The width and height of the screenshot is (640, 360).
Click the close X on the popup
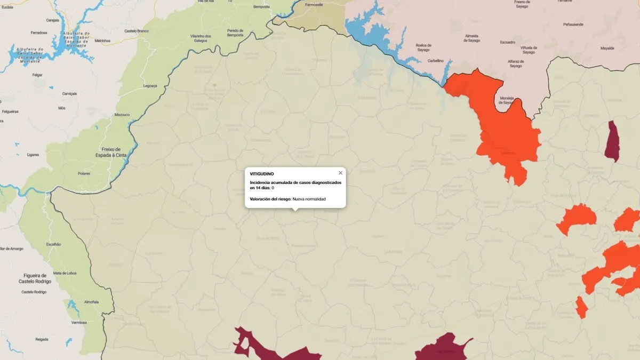(x=340, y=173)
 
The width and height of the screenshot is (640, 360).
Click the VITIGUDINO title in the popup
(x=261, y=173)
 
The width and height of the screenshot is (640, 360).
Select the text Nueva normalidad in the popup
(x=309, y=199)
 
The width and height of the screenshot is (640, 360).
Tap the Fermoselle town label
(x=314, y=4)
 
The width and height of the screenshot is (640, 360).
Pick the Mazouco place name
(x=122, y=115)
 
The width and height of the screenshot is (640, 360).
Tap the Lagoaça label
(x=150, y=85)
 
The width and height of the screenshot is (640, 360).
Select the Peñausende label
(x=573, y=25)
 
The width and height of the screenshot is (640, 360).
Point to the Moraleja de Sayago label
(x=509, y=100)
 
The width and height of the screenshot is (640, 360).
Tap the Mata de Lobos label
(x=65, y=273)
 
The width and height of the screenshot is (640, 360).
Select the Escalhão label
(x=53, y=244)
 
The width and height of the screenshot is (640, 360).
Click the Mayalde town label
(x=607, y=48)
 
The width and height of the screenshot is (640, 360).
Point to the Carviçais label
(x=69, y=93)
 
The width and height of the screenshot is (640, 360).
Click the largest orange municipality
(x=504, y=131)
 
